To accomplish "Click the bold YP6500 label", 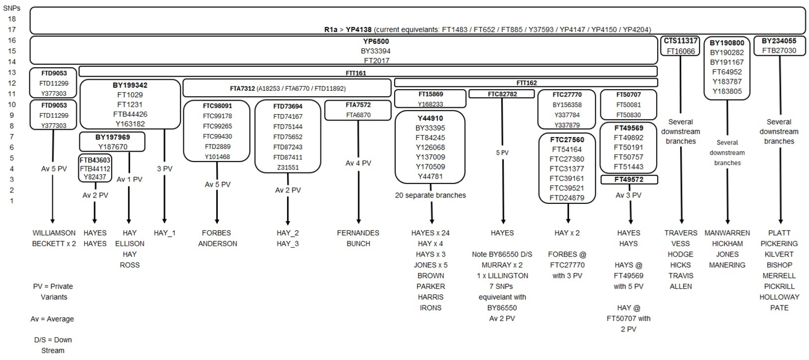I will pyautogui.click(x=376, y=41).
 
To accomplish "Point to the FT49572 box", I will pyautogui.click(x=629, y=180).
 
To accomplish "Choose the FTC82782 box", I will pyautogui.click(x=502, y=94).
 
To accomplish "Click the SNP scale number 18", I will pyautogui.click(x=12, y=19).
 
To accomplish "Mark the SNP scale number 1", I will pyautogui.click(x=12, y=201).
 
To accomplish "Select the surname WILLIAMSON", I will pyautogui.click(x=54, y=233).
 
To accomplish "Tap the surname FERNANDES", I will pyautogui.click(x=358, y=233).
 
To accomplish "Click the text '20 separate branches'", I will pyautogui.click(x=430, y=195).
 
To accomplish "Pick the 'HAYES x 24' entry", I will pyautogui.click(x=430, y=233).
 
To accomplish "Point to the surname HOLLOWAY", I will pyautogui.click(x=779, y=297).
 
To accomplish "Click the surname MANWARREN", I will pyautogui.click(x=727, y=233).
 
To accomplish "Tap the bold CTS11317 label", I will pyautogui.click(x=680, y=41).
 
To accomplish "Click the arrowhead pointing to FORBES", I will pyautogui.click(x=217, y=221).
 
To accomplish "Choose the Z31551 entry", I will pyautogui.click(x=288, y=168).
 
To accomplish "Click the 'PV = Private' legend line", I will pyautogui.click(x=53, y=286).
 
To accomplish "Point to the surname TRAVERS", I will pyautogui.click(x=681, y=233).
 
